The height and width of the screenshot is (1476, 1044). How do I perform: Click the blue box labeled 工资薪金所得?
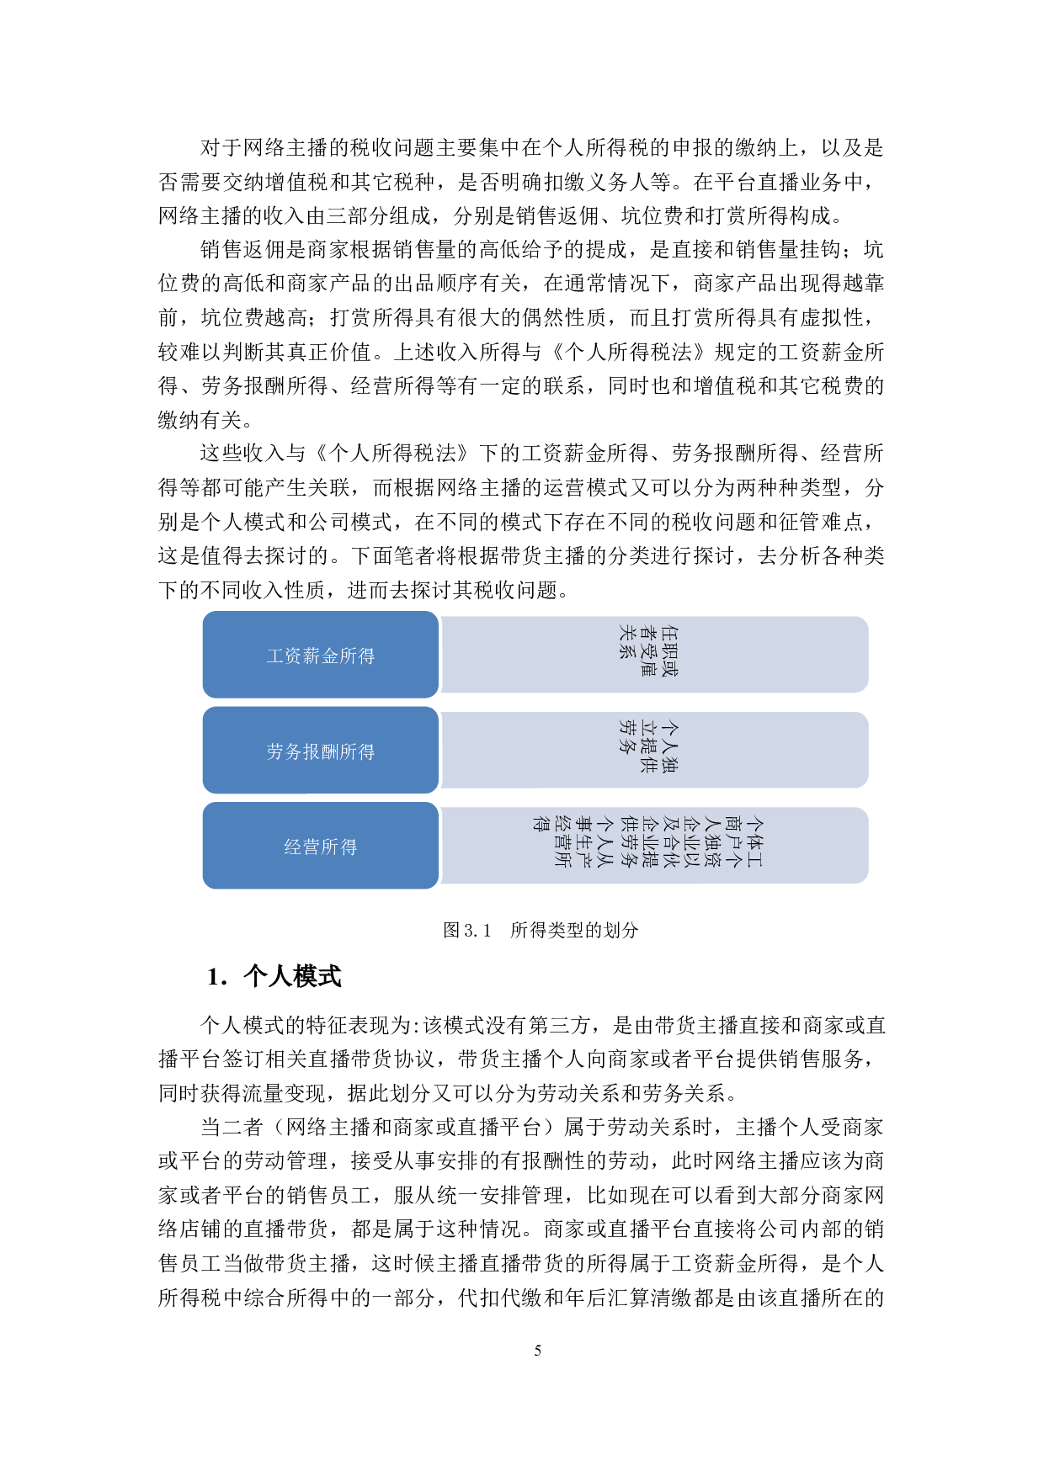coord(321,656)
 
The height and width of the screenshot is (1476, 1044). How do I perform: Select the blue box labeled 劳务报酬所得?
coord(321,751)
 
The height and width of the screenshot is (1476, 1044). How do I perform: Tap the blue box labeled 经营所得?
coord(321,847)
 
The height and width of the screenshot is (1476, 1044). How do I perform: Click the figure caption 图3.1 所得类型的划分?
coord(541,930)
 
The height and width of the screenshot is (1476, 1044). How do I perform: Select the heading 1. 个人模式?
coord(274,976)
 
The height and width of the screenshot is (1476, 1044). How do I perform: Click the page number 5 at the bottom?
coord(537,1351)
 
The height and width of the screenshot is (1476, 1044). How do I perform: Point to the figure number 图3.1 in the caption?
coord(466,930)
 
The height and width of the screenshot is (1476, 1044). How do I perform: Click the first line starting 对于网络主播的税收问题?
coord(541,148)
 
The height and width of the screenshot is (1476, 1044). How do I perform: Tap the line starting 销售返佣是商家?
coord(541,250)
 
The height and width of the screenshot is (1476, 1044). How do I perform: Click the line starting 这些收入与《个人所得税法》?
coord(541,454)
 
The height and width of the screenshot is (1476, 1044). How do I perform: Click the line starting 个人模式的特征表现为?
coord(541,1025)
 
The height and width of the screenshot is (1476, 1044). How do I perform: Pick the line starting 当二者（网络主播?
coord(541,1127)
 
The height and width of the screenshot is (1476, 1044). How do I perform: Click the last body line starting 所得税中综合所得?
coord(521,1298)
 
